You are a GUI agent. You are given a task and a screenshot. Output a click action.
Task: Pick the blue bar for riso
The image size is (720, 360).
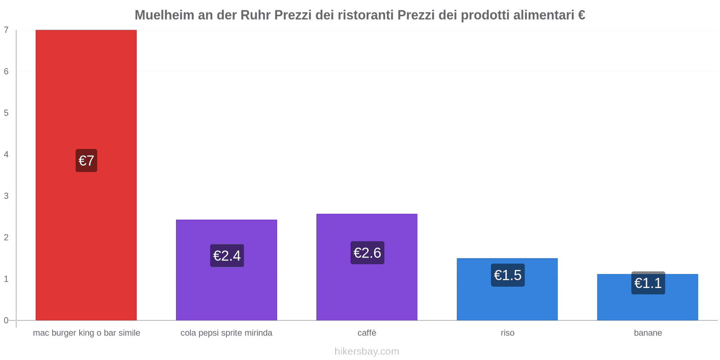click(x=507, y=301)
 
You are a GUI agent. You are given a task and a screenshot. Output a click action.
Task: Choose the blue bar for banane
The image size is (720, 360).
click(x=648, y=306)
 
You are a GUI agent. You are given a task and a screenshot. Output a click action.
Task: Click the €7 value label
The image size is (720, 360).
click(x=86, y=161)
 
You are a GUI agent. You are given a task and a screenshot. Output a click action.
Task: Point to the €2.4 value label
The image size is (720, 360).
click(x=227, y=256)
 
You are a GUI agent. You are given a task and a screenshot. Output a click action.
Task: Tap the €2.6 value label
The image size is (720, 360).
click(x=367, y=253)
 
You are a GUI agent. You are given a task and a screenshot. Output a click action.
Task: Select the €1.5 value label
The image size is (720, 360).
click(x=508, y=275)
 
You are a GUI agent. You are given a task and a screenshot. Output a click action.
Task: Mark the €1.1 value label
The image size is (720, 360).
click(x=648, y=283)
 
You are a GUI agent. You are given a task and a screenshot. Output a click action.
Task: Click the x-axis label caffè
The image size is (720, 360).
click(x=367, y=333)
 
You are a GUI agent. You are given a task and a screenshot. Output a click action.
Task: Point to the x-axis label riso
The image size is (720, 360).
click(x=507, y=333)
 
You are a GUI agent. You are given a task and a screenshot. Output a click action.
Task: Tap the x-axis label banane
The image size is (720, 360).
click(x=648, y=333)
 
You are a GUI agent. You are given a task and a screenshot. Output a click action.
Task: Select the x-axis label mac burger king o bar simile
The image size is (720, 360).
click(x=86, y=333)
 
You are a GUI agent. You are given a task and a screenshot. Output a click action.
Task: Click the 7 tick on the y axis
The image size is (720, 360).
click(x=6, y=30)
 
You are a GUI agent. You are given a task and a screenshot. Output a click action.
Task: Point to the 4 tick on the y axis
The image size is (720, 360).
click(x=6, y=154)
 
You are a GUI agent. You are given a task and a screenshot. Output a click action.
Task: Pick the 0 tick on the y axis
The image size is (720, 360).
click(x=6, y=320)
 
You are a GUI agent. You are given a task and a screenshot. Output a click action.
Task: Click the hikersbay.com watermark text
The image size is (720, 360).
click(x=367, y=351)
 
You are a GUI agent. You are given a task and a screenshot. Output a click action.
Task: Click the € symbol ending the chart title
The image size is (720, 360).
click(x=581, y=15)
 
